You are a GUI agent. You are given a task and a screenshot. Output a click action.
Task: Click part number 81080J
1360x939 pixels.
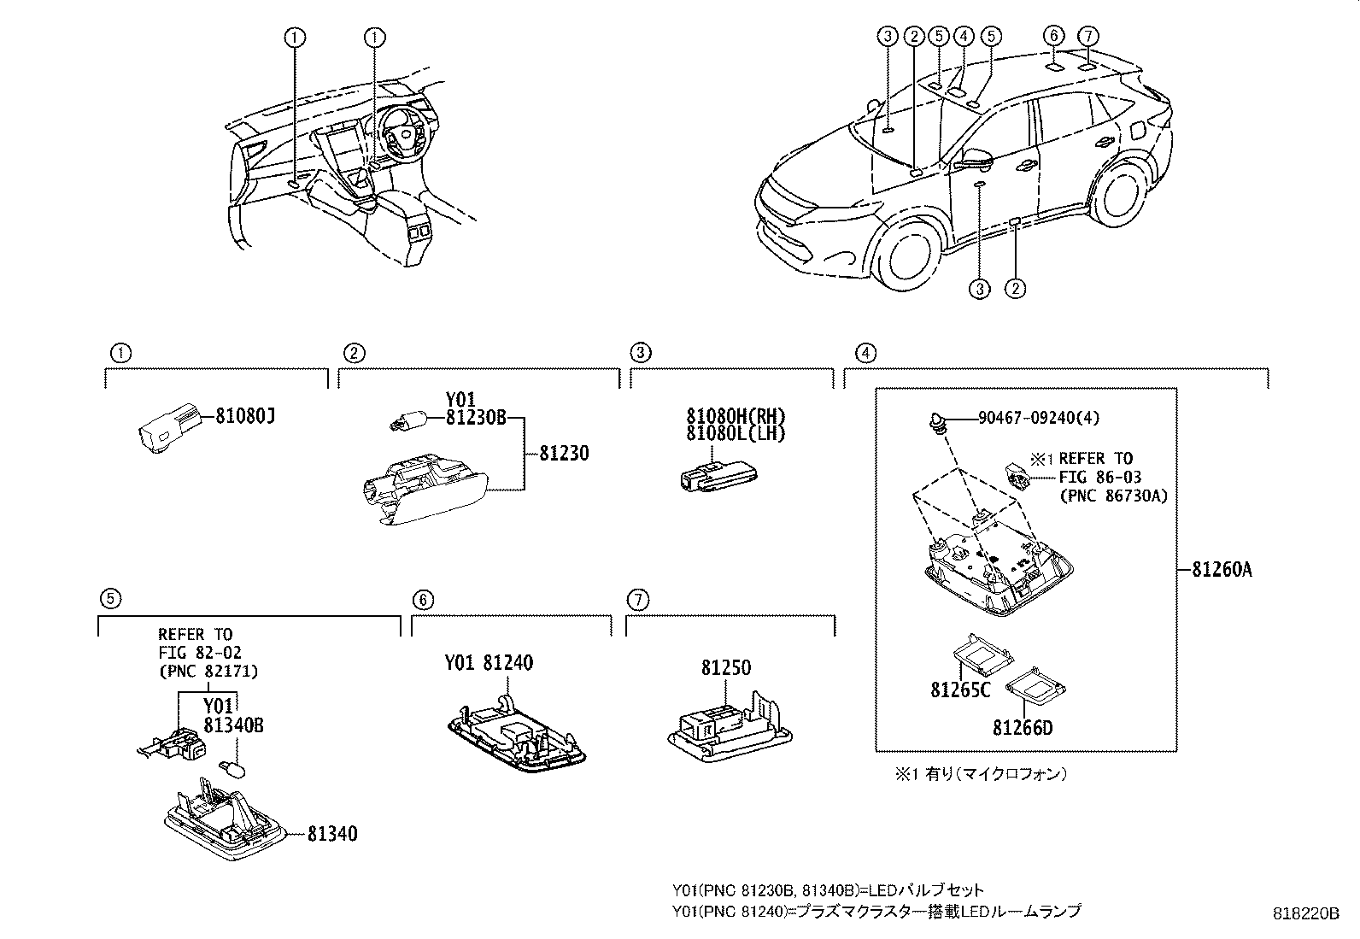point(244,417)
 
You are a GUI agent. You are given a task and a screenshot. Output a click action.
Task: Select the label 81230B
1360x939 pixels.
point(476,418)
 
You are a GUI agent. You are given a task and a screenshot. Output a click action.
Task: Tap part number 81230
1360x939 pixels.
point(564,453)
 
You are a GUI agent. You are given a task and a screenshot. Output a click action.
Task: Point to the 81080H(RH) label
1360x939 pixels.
point(736,416)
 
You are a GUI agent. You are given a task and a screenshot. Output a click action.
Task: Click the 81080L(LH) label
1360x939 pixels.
point(736,433)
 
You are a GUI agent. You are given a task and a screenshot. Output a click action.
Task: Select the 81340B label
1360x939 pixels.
point(233,725)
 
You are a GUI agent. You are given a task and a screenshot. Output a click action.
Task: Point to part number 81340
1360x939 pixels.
point(332,833)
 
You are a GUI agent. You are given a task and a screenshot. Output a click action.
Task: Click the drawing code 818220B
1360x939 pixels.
point(1305,913)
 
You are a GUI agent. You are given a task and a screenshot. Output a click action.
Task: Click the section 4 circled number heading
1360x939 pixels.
point(865,352)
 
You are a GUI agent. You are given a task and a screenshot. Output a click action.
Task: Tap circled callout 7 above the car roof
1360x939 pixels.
point(1087,36)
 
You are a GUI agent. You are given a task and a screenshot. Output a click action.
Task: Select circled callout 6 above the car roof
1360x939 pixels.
point(1054,36)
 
